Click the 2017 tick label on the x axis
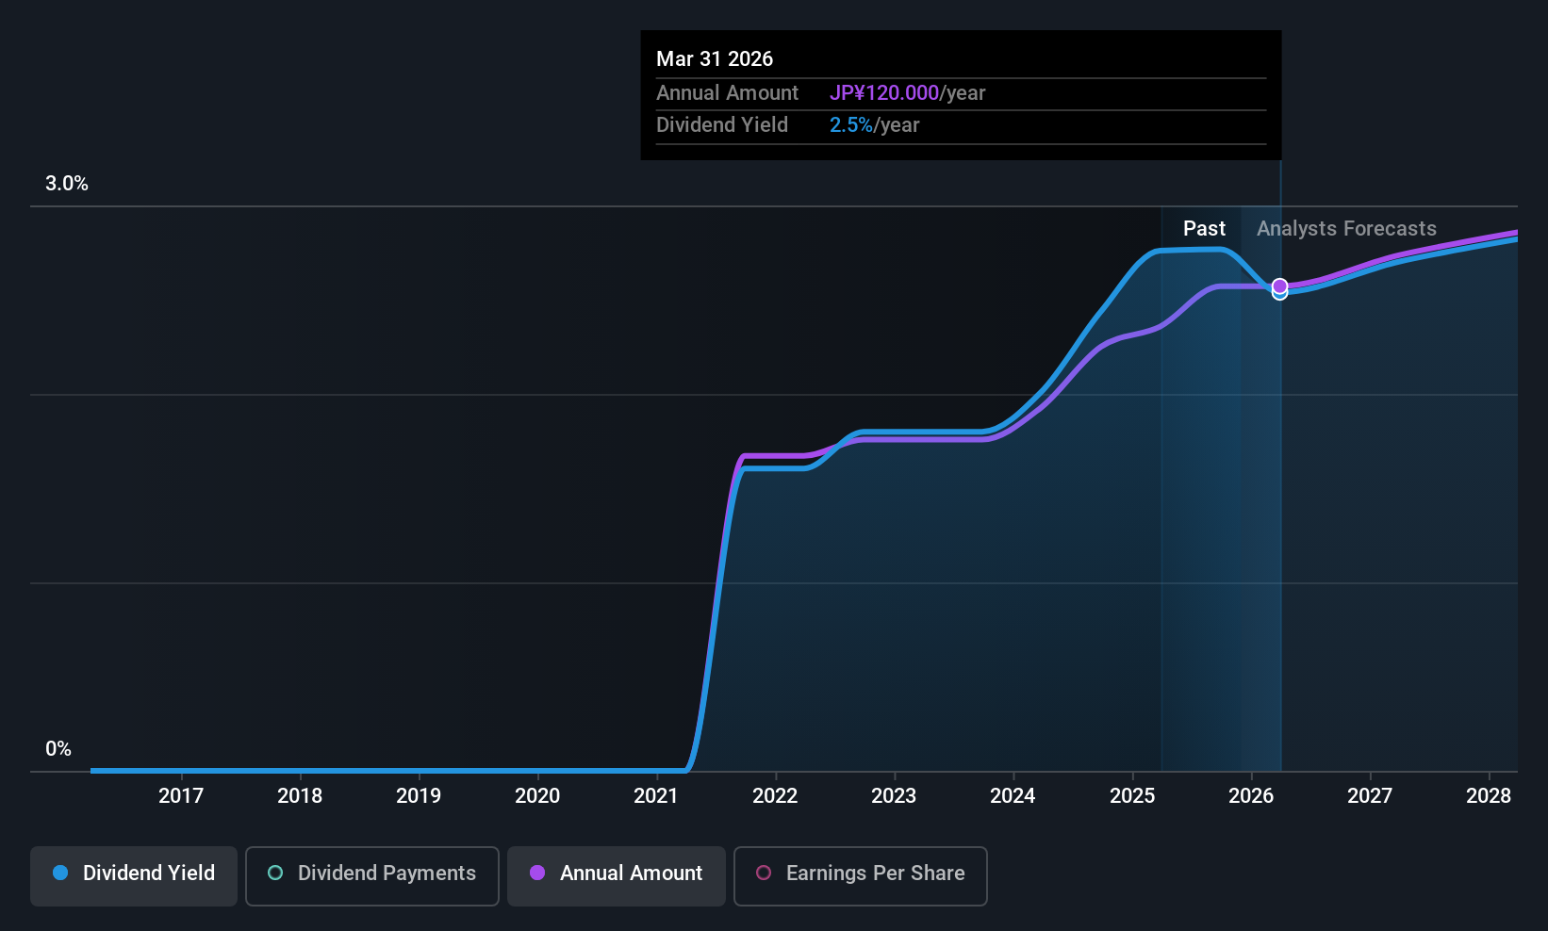pos(180,795)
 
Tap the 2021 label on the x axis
pos(655,795)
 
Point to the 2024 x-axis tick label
pos(1013,795)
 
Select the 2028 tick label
pos(1488,795)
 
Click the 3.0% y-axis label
pos(67,184)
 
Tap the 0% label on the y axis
pos(58,749)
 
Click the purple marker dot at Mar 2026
pos(1279,286)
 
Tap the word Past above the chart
pos(1204,229)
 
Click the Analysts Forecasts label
pos(1346,229)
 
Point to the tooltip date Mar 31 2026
pos(715,59)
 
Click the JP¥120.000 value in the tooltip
pos(883,93)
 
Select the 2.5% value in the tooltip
pos(850,125)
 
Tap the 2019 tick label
pos(418,795)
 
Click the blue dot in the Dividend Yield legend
pos(60,874)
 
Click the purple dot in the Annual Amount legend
pos(537,874)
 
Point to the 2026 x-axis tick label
pos(1250,795)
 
